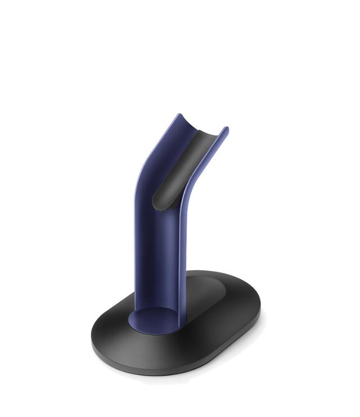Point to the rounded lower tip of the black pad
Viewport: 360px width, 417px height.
point(159,203)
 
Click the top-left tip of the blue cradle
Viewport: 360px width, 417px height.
point(179,115)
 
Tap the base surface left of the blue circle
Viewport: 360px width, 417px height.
point(112,332)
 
